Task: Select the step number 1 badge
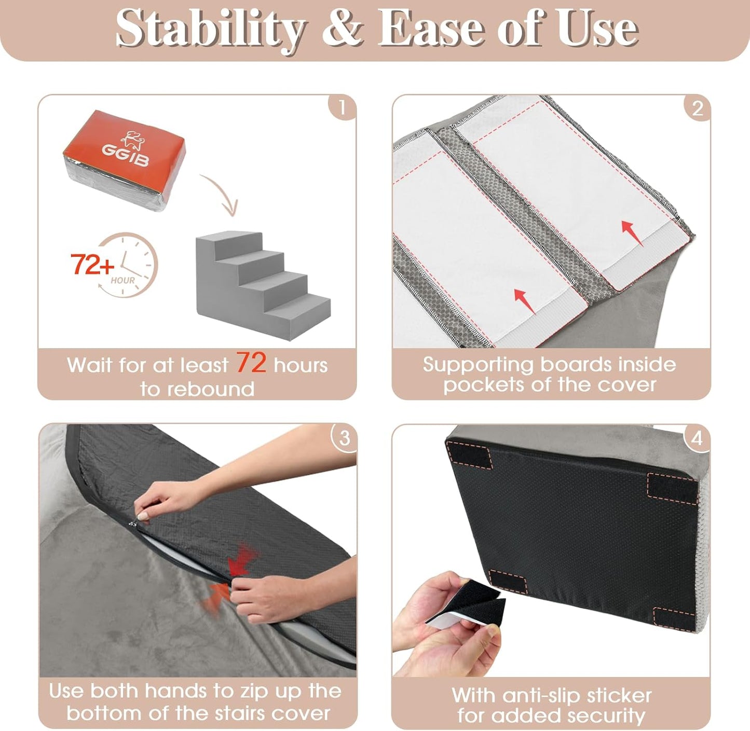click(342, 107)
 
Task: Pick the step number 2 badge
click(697, 108)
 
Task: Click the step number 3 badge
click(344, 438)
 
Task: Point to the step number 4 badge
click(696, 438)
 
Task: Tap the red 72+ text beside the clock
click(92, 265)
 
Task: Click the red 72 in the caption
click(251, 363)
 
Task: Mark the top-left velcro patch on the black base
click(470, 456)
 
